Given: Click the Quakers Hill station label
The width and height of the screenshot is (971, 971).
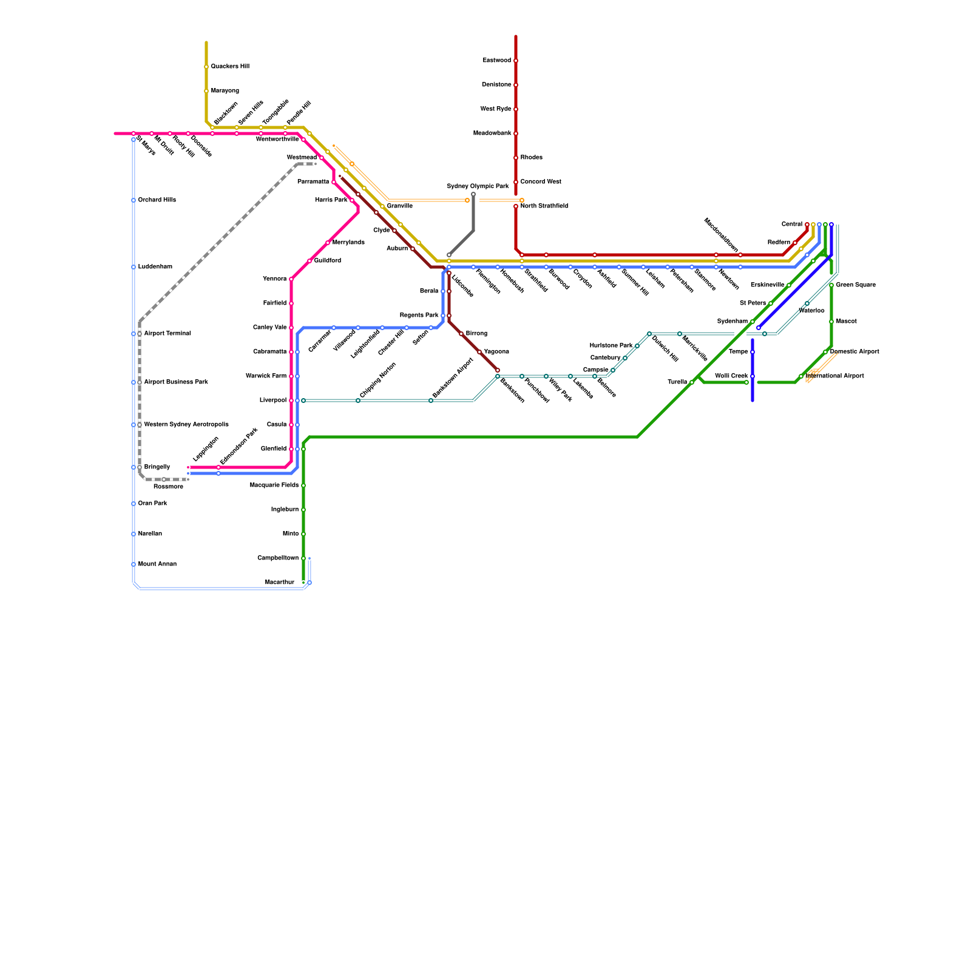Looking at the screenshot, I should pos(230,67).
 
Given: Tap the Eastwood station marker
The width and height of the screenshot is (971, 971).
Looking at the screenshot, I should pos(516,61).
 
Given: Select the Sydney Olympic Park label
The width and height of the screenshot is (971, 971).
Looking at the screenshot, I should pos(478,186).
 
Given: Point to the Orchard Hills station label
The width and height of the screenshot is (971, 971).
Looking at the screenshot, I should pos(157,200).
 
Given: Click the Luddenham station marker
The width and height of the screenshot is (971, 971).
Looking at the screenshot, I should pos(134,267).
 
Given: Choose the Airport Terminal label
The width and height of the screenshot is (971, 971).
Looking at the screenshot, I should pos(167,334).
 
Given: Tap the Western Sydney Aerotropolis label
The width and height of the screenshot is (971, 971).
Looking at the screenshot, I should pos(186,425).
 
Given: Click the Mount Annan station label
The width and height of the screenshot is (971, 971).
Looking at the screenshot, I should pos(157,564).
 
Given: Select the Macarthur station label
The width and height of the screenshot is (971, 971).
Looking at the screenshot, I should pos(280,583).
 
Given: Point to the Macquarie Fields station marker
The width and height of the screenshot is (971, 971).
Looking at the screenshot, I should pos(303,486).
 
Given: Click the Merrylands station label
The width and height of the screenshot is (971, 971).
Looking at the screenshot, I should pos(348,243).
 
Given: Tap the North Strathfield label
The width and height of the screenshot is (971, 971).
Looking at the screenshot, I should pos(544,206).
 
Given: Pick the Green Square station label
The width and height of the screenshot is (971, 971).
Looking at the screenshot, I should pos(856,285).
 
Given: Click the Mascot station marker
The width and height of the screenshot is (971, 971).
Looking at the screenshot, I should pos(831,322).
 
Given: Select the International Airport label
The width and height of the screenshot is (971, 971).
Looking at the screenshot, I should pos(834,376).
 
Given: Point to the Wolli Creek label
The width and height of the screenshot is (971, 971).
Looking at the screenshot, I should pos(731,376).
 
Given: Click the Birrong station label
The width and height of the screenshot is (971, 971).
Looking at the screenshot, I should pos(476,334).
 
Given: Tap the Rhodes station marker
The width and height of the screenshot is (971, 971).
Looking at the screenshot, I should pos(516,158).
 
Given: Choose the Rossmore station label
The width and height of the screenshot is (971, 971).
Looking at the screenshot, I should pos(168,487).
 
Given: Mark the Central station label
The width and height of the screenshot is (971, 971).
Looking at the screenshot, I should pos(791,225).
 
